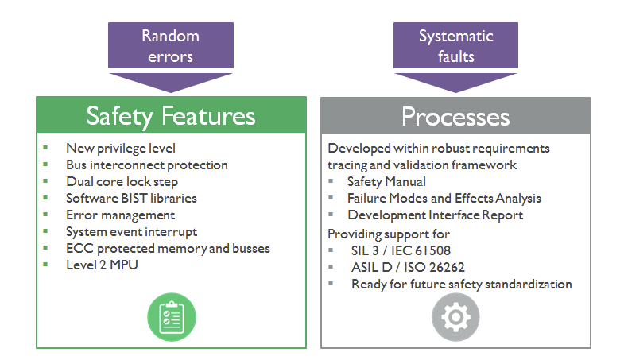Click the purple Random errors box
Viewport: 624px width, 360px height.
pyautogui.click(x=171, y=45)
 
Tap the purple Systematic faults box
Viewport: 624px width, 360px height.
pyautogui.click(x=455, y=45)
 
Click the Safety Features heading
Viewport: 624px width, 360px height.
pyautogui.click(x=171, y=116)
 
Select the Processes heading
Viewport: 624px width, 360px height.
pyautogui.click(x=455, y=117)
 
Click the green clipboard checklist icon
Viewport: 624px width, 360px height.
pyautogui.click(x=172, y=317)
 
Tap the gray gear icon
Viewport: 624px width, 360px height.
pyautogui.click(x=455, y=317)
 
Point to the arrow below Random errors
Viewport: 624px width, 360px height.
pyautogui.click(x=171, y=83)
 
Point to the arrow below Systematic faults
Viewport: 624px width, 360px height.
pyautogui.click(x=455, y=83)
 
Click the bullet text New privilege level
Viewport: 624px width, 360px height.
pyautogui.click(x=121, y=149)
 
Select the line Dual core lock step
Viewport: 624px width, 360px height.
pyautogui.click(x=122, y=182)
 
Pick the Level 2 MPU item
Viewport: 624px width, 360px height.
pyautogui.click(x=102, y=265)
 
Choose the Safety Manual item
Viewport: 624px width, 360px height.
pyautogui.click(x=386, y=182)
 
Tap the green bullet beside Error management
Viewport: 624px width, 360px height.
pyautogui.click(x=45, y=215)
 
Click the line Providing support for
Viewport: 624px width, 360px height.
pyautogui.click(x=389, y=234)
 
